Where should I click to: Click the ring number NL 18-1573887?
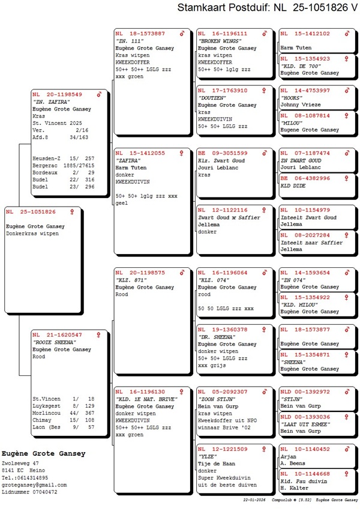(140, 34)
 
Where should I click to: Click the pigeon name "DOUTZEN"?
(213, 98)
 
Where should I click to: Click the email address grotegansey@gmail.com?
(34, 485)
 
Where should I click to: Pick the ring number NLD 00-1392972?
(306, 392)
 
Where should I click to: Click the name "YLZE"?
(208, 456)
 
